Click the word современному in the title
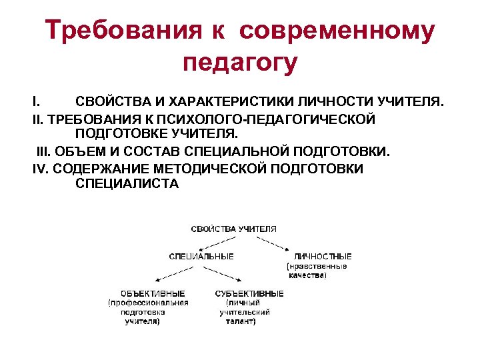coord(336,31)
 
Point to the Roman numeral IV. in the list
coord(43,167)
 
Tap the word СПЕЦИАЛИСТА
coord(127,183)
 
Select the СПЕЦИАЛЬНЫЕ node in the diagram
coord(201,256)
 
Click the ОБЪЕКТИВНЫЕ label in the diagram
coord(153,293)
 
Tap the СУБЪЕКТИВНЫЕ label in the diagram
coord(249,293)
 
